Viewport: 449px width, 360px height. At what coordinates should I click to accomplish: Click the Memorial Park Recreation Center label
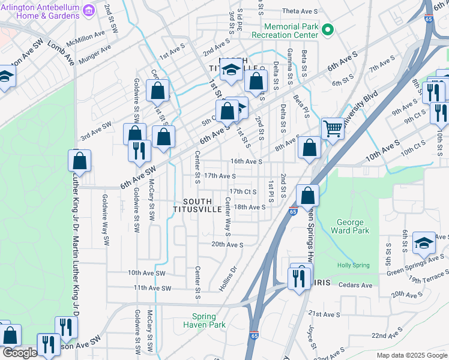291,31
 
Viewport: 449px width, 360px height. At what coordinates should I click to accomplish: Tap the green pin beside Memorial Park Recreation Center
328,29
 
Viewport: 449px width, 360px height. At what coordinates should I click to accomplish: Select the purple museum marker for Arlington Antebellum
89,11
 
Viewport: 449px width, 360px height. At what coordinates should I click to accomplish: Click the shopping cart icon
332,128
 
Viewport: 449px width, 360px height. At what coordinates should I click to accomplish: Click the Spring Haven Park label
208,320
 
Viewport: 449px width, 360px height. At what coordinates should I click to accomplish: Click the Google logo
20,353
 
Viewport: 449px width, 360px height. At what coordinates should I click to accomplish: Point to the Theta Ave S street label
299,11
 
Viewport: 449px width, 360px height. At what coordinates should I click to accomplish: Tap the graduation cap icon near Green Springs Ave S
424,243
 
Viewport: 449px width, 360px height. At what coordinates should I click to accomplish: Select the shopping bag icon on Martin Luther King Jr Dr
79,160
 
